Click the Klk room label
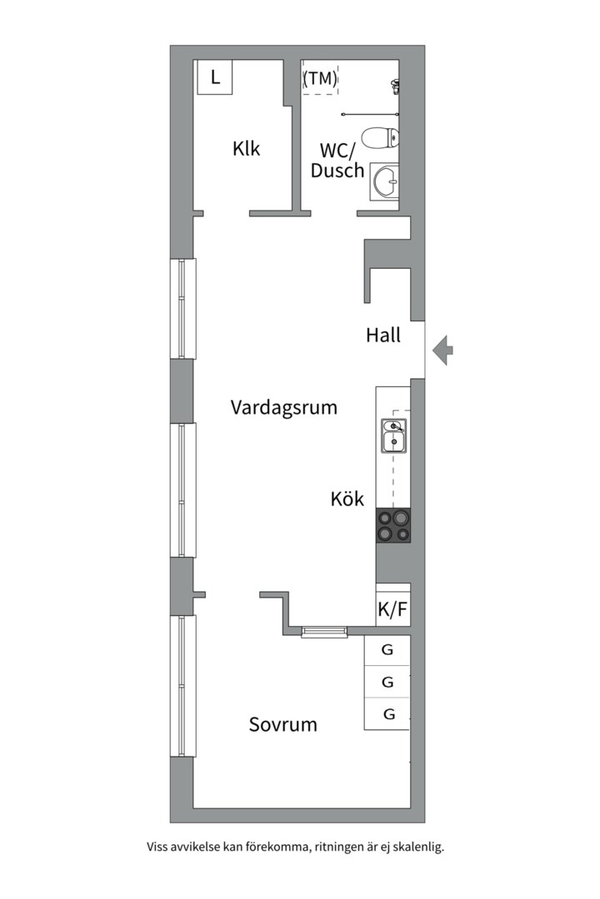(247, 148)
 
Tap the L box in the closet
(215, 77)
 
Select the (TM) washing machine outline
(320, 77)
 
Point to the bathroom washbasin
(384, 181)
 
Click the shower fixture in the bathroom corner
(395, 86)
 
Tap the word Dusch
(337, 171)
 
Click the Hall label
(383, 335)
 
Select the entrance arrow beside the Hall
(442, 350)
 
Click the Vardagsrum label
(283, 408)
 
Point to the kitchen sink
(394, 435)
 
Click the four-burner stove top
(393, 526)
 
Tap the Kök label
(347, 499)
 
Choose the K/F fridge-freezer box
(393, 608)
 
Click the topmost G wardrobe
(387, 650)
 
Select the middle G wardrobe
(387, 683)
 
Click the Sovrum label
(283, 725)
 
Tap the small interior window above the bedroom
(325, 632)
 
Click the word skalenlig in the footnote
(421, 847)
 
